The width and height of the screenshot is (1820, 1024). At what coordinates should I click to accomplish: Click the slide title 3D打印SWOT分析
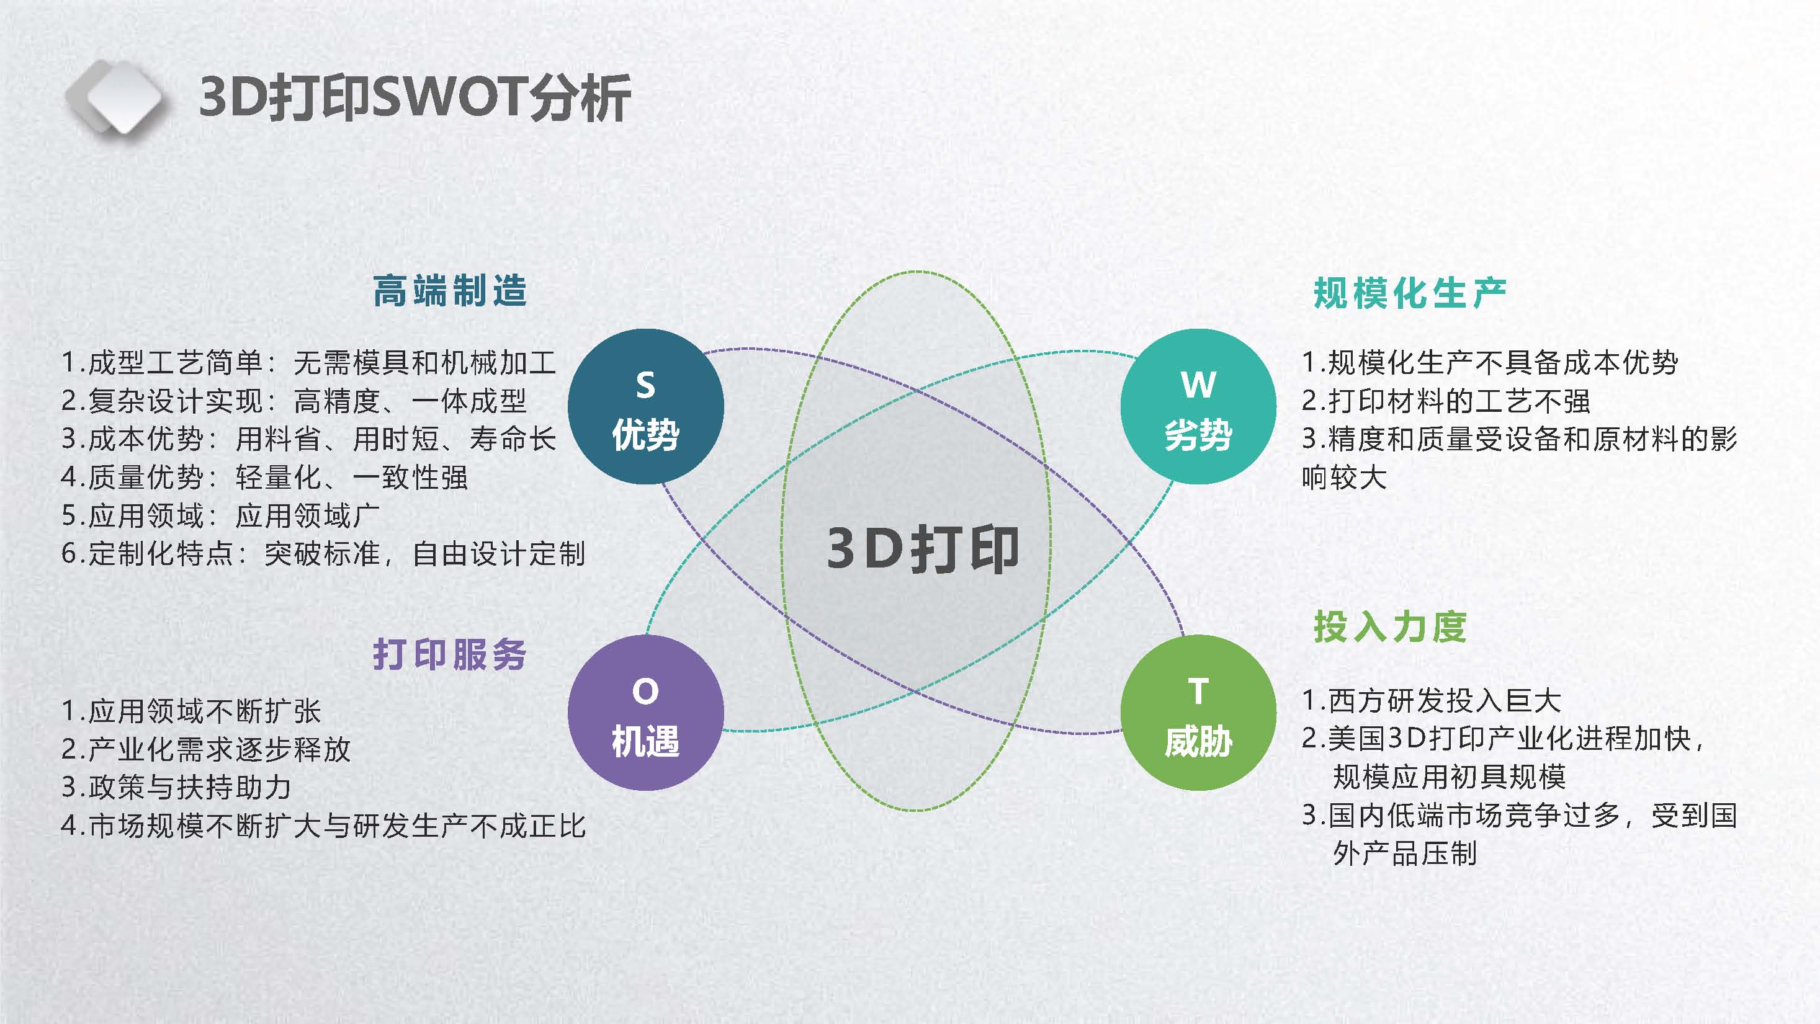click(415, 97)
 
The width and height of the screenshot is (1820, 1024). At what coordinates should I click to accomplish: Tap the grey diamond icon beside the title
click(117, 97)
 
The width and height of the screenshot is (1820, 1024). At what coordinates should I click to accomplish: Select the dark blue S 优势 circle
click(646, 406)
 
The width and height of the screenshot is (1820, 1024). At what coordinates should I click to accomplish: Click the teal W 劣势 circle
click(1198, 406)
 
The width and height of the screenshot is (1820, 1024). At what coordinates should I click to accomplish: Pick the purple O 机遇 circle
click(646, 713)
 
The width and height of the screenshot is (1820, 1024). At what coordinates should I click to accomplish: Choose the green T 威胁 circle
click(1198, 713)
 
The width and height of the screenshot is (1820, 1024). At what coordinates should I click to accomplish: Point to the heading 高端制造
click(450, 291)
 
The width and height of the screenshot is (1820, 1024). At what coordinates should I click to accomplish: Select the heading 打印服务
click(450, 654)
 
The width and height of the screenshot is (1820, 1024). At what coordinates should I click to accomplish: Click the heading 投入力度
click(1390, 626)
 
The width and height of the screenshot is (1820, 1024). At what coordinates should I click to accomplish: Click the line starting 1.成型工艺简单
click(309, 362)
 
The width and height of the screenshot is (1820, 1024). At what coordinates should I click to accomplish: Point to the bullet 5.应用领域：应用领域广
click(220, 515)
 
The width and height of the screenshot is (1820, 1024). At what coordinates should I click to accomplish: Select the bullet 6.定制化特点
click(323, 554)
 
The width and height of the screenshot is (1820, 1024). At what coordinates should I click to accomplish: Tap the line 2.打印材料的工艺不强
click(1446, 401)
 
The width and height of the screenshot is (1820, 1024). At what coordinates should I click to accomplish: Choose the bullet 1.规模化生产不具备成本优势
click(1490, 362)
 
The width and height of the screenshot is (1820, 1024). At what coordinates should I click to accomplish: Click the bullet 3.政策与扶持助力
click(176, 786)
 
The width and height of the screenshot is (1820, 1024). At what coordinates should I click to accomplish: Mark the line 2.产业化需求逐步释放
click(205, 749)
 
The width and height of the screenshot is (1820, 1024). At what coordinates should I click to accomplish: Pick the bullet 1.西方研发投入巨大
click(1432, 701)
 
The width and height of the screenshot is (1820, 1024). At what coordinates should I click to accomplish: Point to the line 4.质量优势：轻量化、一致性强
click(264, 478)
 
